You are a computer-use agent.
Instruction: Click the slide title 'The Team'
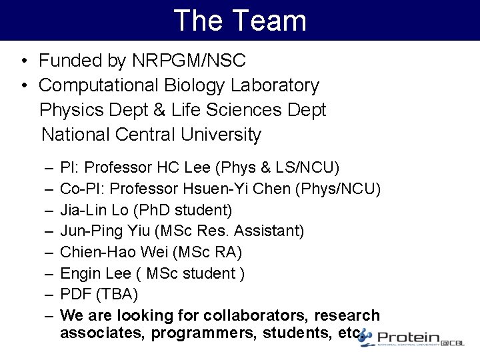[240, 20]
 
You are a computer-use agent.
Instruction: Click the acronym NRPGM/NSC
[189, 61]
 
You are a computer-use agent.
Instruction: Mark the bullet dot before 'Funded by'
[23, 61]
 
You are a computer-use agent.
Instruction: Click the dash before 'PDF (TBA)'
[51, 293]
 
